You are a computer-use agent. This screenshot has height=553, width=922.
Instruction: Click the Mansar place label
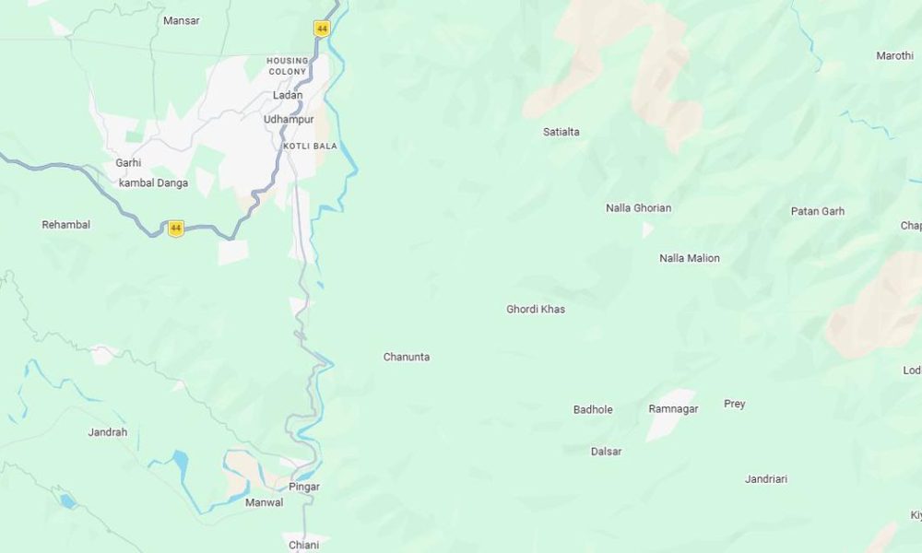pyautogui.click(x=181, y=20)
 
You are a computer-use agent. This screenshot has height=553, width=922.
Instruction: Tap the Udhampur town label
pyautogui.click(x=289, y=120)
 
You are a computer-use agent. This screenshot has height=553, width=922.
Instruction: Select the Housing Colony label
pyautogui.click(x=288, y=65)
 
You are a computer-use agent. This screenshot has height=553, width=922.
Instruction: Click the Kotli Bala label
pyautogui.click(x=310, y=146)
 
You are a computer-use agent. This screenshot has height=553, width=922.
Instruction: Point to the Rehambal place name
pyautogui.click(x=66, y=225)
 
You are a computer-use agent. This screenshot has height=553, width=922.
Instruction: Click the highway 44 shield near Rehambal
pyautogui.click(x=175, y=228)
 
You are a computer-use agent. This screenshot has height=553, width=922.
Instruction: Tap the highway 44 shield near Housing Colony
pyautogui.click(x=321, y=29)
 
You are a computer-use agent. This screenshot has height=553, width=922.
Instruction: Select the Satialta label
pyautogui.click(x=561, y=132)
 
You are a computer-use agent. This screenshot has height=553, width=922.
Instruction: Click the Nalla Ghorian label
pyautogui.click(x=638, y=208)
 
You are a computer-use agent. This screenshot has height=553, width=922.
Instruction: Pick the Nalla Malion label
pyautogui.click(x=690, y=258)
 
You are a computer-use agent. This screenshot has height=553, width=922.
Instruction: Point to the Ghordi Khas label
pyautogui.click(x=536, y=309)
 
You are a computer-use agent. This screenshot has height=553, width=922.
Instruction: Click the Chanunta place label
pyautogui.click(x=407, y=357)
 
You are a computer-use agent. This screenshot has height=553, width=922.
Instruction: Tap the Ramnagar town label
pyautogui.click(x=673, y=408)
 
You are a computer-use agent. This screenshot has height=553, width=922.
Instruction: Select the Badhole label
pyautogui.click(x=593, y=409)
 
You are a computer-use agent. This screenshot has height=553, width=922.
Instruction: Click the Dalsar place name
pyautogui.click(x=606, y=452)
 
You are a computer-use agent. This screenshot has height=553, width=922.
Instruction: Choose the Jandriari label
pyautogui.click(x=766, y=479)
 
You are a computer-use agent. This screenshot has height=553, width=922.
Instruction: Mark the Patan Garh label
pyautogui.click(x=818, y=211)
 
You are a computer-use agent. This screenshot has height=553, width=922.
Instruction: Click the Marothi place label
pyautogui.click(x=894, y=56)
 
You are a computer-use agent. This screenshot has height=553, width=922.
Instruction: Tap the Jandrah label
pyautogui.click(x=108, y=432)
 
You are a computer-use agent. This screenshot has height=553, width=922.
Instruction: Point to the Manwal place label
pyautogui.click(x=264, y=502)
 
